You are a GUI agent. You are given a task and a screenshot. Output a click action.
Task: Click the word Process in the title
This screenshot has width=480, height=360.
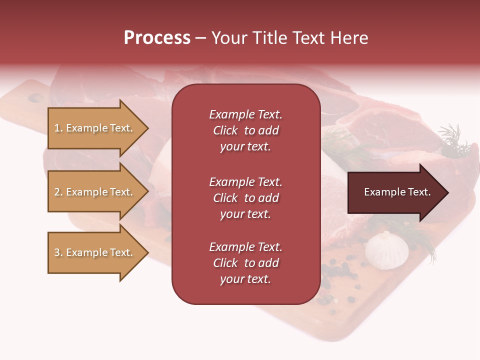point(157,38)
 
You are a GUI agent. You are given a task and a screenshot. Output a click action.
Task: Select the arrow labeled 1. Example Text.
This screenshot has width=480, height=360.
point(95,128)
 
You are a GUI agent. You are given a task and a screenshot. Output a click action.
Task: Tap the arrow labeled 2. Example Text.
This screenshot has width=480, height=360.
point(95,192)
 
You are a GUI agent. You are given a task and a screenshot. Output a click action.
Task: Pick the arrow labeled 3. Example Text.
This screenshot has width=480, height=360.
point(95,252)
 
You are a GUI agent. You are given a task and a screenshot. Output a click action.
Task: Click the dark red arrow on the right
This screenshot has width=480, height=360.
point(395,192)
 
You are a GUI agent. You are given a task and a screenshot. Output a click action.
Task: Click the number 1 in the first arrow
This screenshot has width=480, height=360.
point(57,128)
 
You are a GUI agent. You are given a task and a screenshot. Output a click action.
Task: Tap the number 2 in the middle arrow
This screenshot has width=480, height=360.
point(57,192)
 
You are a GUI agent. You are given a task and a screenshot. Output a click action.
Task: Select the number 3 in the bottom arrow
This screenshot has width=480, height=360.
point(57,252)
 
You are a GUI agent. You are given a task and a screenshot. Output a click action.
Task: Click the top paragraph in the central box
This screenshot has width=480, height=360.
point(245,130)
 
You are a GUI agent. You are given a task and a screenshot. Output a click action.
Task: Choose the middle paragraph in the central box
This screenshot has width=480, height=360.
point(245,198)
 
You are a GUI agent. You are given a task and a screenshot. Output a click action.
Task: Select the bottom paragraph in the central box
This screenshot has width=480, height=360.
point(245,263)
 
